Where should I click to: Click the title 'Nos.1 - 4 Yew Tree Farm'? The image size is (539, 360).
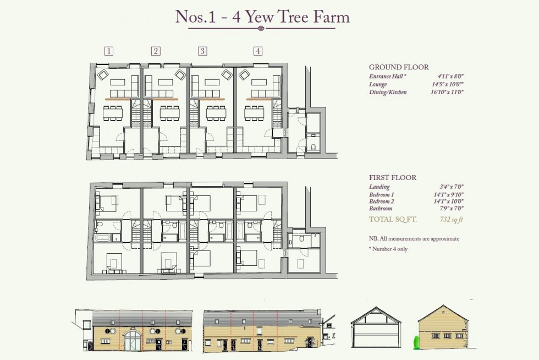pos(262,17)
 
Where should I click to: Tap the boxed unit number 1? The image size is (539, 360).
pos(109,51)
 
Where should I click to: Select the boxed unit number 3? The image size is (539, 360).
pos(202,51)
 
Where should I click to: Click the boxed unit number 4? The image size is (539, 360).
pos(257,51)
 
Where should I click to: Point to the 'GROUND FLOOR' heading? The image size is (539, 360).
pos(399,67)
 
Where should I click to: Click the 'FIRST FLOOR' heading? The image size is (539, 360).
pos(393,178)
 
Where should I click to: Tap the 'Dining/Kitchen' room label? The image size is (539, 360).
pos(388,92)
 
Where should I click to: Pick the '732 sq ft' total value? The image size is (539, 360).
pos(452,220)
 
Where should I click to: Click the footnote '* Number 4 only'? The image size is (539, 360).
pos(391,249)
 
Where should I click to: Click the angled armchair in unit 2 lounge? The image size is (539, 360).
pos(180,74)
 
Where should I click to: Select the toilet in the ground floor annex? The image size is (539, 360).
pos(312,147)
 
